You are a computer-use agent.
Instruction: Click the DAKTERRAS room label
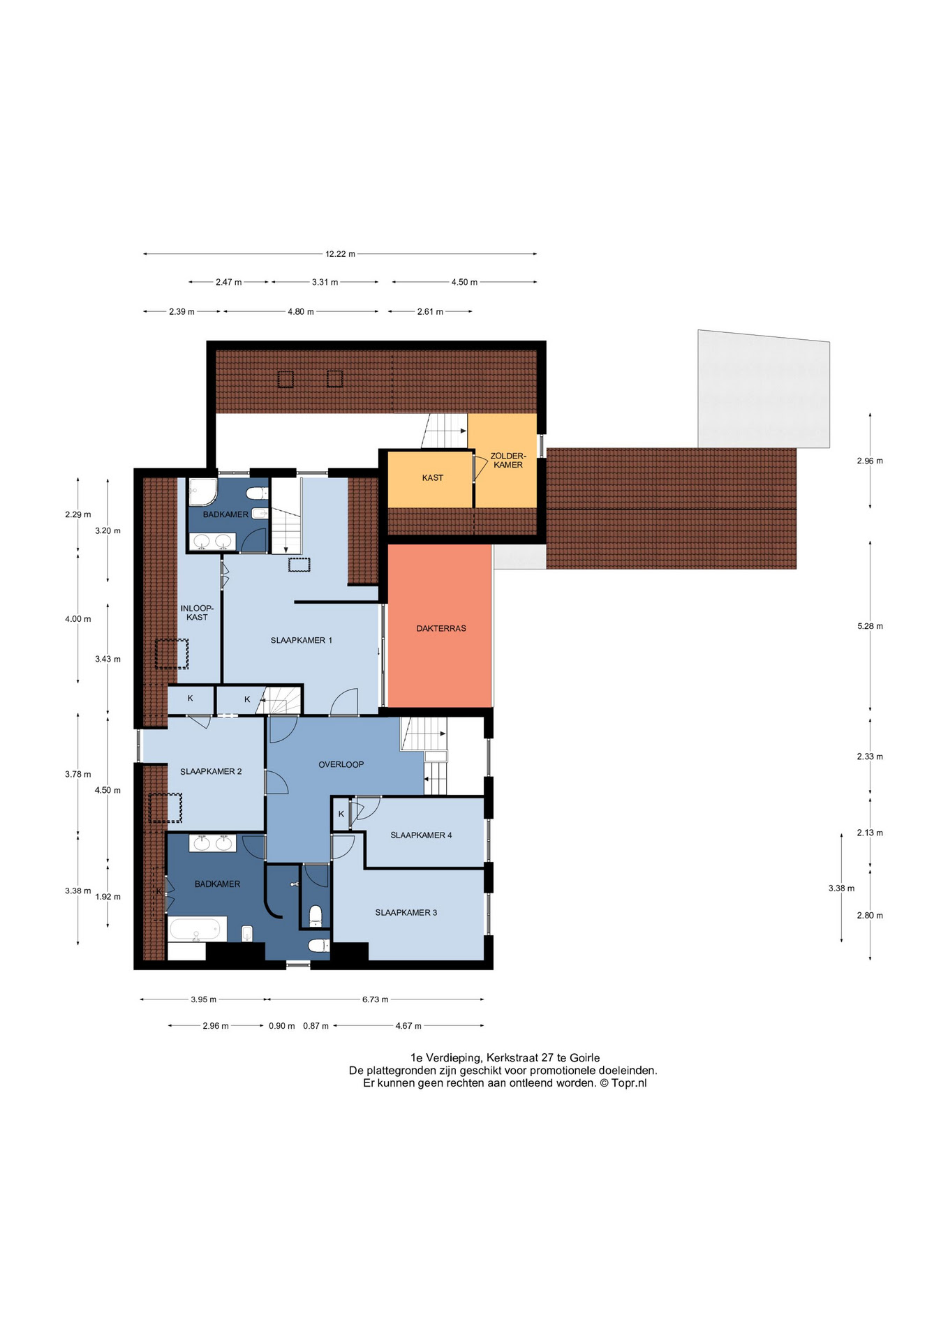coord(441,628)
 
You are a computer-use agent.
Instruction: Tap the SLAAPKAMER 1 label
coord(302,640)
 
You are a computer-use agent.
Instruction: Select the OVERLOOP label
coord(341,764)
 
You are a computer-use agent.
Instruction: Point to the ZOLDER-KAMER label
coord(508,460)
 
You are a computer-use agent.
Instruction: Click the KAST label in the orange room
coord(433,477)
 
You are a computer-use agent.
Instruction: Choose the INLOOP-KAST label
coord(197,613)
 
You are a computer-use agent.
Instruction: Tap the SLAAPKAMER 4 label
coord(421,835)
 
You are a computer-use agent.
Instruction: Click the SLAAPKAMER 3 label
coord(406,912)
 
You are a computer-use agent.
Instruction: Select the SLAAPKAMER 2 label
coord(211,771)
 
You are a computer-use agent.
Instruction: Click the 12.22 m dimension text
coord(340,254)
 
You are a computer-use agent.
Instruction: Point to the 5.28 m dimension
coord(870,626)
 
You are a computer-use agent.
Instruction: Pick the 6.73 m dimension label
coord(375,999)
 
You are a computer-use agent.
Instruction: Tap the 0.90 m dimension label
coord(282,1026)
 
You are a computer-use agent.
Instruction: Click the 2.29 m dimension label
coord(78,514)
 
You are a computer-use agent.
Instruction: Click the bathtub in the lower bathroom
coord(198,929)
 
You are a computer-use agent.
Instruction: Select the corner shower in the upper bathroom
coord(202,491)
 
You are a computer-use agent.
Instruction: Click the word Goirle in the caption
coord(584,1058)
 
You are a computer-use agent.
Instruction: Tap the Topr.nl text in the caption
coord(629,1083)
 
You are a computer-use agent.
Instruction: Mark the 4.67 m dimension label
coord(408,1026)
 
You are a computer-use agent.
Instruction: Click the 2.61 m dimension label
coord(430,311)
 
